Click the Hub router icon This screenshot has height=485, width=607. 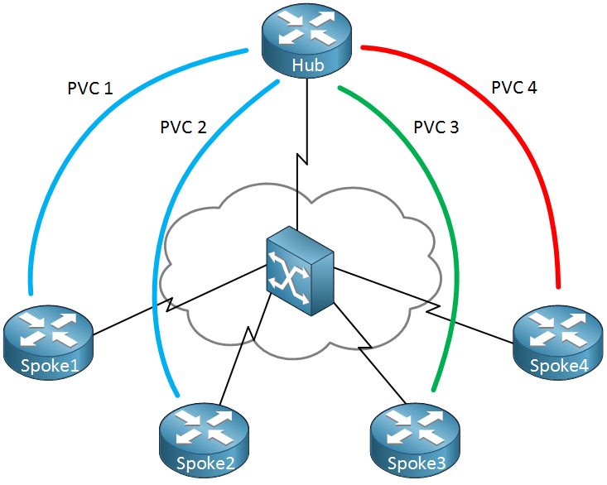[x=306, y=41]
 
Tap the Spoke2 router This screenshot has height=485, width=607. [x=204, y=440]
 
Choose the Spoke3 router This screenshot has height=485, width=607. [x=416, y=440]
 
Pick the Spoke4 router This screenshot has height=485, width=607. [x=558, y=342]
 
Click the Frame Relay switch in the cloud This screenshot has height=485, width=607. [x=300, y=271]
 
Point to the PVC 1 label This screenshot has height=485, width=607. [x=89, y=89]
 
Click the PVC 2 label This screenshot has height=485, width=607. [x=183, y=127]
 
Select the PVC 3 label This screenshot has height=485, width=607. [x=436, y=127]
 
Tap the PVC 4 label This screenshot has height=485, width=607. [x=514, y=88]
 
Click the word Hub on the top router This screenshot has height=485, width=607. [x=308, y=65]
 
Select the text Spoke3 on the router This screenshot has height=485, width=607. [x=417, y=463]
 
